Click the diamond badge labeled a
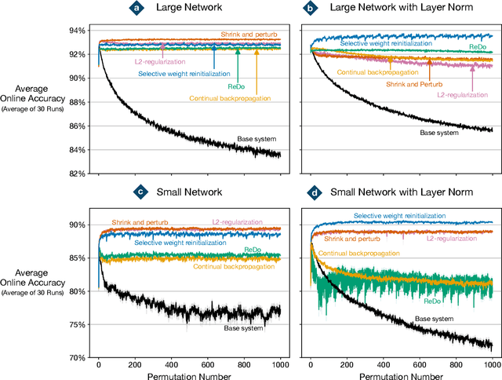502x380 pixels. (x=137, y=8)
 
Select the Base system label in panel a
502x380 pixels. (x=257, y=140)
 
